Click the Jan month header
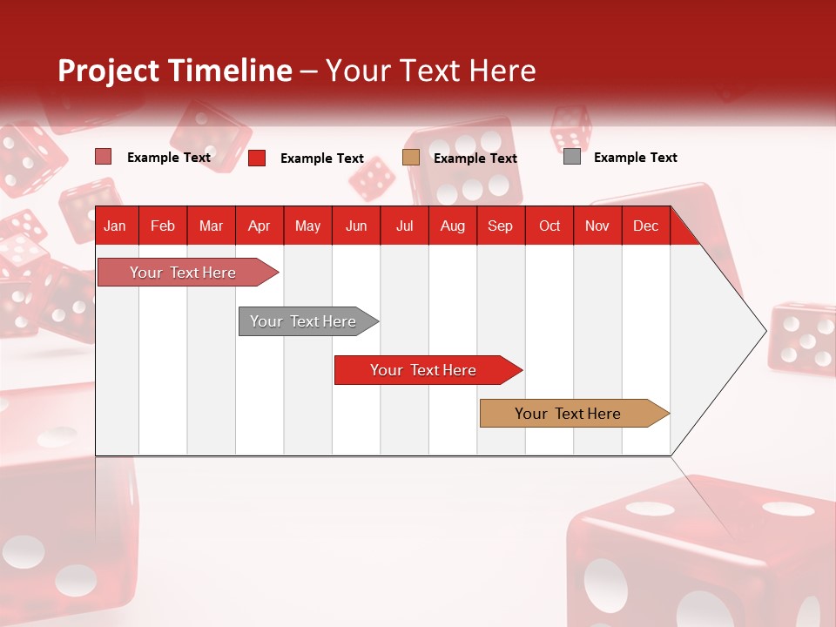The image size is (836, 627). [x=115, y=226]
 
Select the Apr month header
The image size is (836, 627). [x=260, y=226]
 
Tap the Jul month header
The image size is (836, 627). [x=404, y=226]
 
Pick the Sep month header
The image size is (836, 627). [x=500, y=226]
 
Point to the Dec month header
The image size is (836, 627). [x=645, y=226]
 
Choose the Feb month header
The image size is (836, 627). [x=163, y=226]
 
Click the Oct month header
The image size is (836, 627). [x=549, y=226]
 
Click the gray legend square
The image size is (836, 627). [x=572, y=157]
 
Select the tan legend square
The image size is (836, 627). [x=411, y=157]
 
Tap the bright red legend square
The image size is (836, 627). [x=257, y=158]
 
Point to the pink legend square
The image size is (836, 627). [x=104, y=157]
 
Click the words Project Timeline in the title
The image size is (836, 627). [x=175, y=71]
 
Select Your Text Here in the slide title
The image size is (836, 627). [x=430, y=71]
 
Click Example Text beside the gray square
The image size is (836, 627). [x=635, y=158]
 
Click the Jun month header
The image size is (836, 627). [x=356, y=226]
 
